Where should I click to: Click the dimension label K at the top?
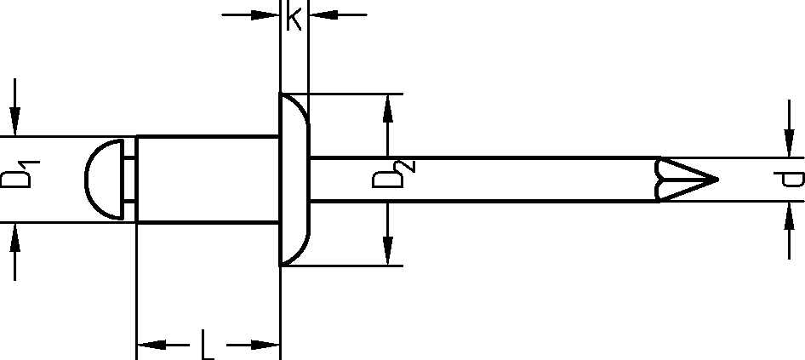[x=294, y=18]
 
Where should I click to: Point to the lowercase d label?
[x=791, y=179]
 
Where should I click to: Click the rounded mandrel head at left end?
[x=104, y=179]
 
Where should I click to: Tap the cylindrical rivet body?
[x=208, y=179]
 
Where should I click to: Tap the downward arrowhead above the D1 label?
[x=15, y=123]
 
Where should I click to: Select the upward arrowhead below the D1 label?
[x=15, y=236]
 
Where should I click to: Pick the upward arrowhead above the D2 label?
[x=388, y=107]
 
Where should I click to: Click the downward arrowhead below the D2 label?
[x=388, y=252]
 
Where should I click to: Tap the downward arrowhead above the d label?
[x=788, y=145]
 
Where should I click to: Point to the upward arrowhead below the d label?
[x=788, y=215]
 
